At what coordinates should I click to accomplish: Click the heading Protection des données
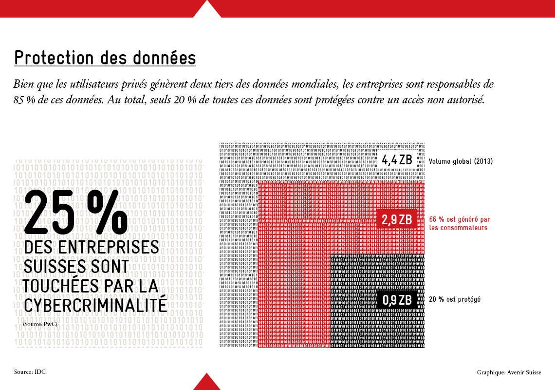coord(105,58)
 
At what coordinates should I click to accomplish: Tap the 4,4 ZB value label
coord(397,160)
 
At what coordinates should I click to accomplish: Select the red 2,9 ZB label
coord(397,220)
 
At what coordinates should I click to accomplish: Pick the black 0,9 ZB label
coord(397,300)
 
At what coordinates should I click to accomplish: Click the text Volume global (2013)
coord(461,161)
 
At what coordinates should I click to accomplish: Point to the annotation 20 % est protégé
coord(455,300)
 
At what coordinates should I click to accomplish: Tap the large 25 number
coord(50,213)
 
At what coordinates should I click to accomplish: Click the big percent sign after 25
coord(107,213)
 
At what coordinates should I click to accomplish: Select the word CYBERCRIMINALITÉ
coord(95,305)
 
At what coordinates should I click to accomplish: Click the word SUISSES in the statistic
coord(49,267)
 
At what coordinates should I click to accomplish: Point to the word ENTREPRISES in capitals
coord(108,248)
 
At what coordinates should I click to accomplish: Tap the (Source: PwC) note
coord(40,324)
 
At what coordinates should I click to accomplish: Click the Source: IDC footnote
coord(30,372)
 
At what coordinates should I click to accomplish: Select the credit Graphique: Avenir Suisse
coord(509,372)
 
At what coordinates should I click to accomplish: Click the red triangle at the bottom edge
coord(207,383)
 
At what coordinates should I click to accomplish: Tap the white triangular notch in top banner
coord(207,9)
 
